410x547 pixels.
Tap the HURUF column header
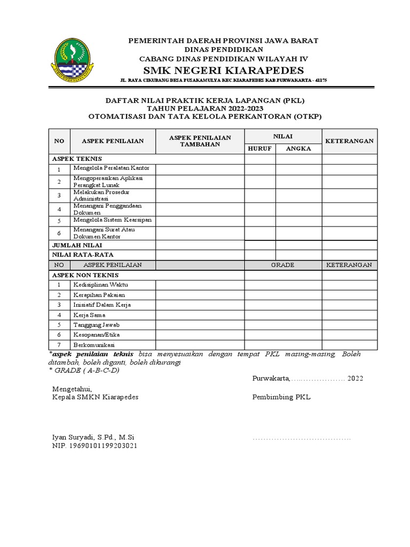pos(260,149)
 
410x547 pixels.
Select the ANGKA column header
pos(298,149)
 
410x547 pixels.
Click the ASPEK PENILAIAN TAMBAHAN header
pos(200,141)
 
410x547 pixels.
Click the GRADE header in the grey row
pos(282,265)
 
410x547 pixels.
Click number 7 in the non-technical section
pos(60,345)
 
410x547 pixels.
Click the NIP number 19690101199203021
pos(94,445)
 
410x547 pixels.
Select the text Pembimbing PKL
pos(281,397)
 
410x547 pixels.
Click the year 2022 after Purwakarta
pos(356,379)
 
